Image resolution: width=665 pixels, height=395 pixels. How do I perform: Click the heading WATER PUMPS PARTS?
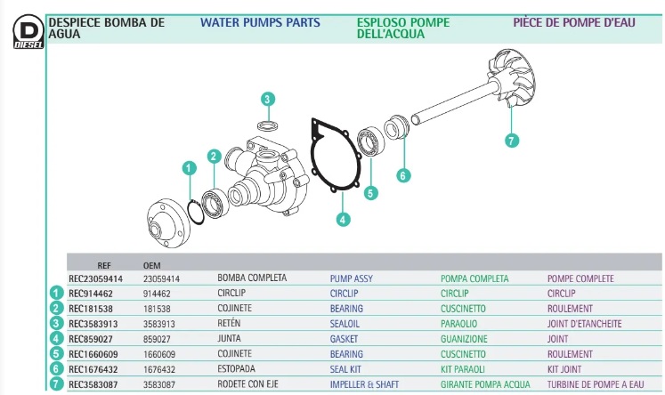pyautogui.click(x=260, y=22)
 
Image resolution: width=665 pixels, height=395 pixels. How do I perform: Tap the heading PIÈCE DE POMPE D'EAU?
pyautogui.click(x=573, y=22)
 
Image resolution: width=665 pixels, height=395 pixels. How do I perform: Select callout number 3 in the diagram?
pyautogui.click(x=268, y=100)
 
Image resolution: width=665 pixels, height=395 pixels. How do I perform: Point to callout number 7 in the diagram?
pyautogui.click(x=511, y=140)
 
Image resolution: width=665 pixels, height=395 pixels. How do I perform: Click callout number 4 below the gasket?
pyautogui.click(x=344, y=218)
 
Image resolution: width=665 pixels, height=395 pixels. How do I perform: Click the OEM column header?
pyautogui.click(x=152, y=265)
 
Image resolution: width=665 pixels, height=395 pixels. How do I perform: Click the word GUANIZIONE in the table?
pyautogui.click(x=464, y=339)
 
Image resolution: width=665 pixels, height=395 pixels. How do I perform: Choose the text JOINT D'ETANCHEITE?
pyautogui.click(x=584, y=324)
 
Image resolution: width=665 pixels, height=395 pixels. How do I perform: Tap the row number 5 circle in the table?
pyautogui.click(x=55, y=354)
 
